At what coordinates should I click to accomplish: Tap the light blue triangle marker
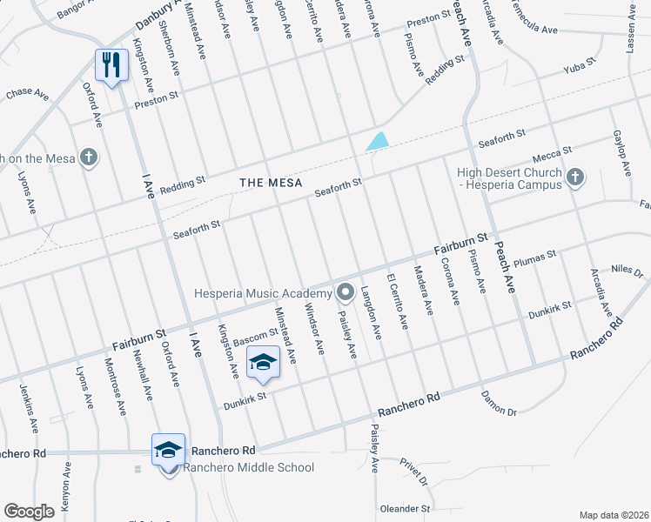[x=378, y=140]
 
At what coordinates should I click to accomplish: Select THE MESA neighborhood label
[x=271, y=183]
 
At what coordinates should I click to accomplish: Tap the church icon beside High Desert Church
[x=574, y=178]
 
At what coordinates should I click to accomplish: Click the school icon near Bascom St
[x=262, y=361]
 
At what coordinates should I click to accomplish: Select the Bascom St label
[x=254, y=335]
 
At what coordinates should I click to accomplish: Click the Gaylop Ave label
[x=620, y=154]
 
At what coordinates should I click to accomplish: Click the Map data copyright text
[x=614, y=515]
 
